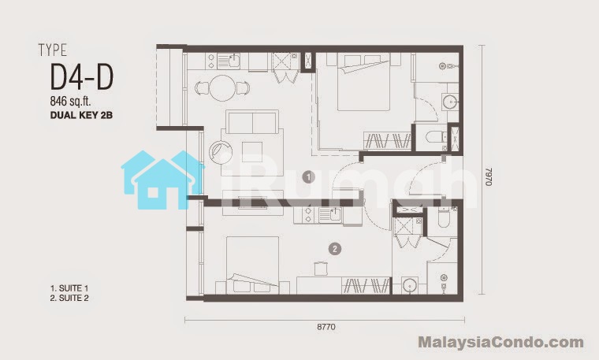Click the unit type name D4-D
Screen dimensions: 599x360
coord(82,77)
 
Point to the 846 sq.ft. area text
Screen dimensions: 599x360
coord(70,101)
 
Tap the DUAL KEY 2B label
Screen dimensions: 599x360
coord(81,115)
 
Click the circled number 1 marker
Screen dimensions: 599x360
coord(308,176)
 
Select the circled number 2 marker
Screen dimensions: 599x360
coord(335,249)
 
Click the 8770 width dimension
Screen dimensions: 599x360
coord(326,327)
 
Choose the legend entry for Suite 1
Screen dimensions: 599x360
coord(69,288)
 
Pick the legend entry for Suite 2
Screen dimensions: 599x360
coord(69,298)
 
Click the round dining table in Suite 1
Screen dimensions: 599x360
coord(223,87)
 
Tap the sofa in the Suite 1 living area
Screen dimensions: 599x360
coord(252,121)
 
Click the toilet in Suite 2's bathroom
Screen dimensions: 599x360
coord(443,217)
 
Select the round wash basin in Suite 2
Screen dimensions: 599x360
coord(410,286)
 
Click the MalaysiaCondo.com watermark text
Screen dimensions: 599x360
coord(500,342)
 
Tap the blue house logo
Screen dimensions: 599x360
coord(162,180)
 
